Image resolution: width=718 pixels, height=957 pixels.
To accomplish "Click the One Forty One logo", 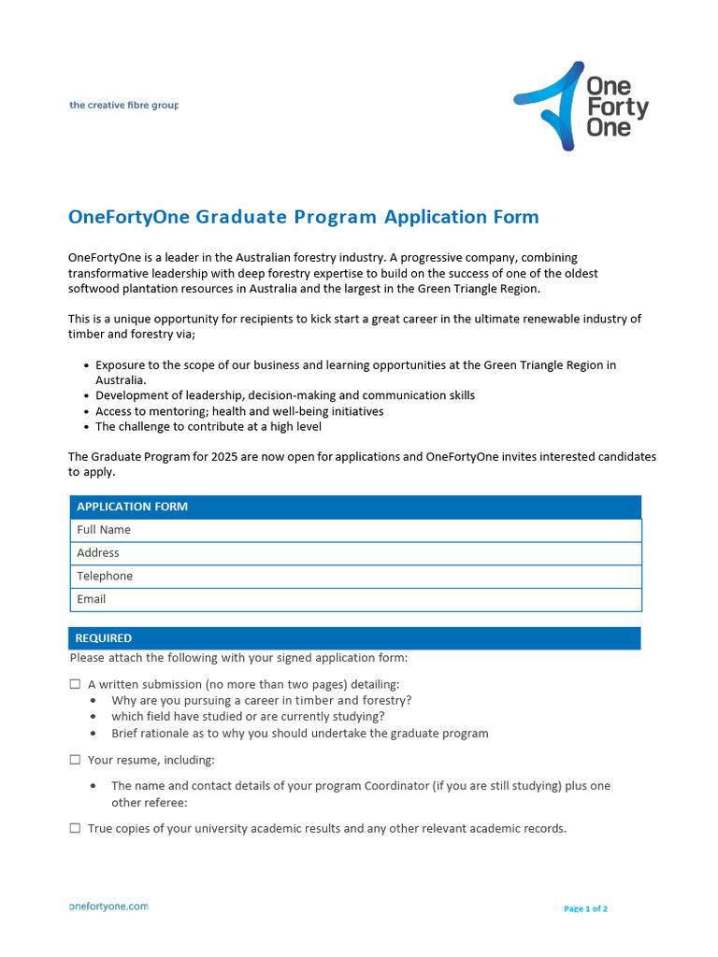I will [x=581, y=106].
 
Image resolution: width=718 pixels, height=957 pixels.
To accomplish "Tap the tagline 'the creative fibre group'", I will [x=123, y=106].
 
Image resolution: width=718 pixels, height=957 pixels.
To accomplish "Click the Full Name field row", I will [x=355, y=530].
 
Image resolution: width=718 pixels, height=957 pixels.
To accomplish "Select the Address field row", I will [x=355, y=553].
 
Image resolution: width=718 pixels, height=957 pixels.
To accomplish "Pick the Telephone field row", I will [x=355, y=577].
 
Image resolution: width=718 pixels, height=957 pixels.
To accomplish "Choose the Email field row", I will [x=355, y=599].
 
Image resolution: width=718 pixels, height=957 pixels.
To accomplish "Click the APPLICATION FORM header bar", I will [x=355, y=507].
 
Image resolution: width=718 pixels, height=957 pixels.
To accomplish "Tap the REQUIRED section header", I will [x=355, y=638].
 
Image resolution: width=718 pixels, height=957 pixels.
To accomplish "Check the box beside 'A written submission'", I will [x=75, y=685].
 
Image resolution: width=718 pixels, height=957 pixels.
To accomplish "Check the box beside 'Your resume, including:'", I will [x=75, y=760].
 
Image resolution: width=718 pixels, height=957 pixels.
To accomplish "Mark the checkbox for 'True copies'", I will [x=75, y=828].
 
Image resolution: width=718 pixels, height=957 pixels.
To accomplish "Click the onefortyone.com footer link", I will [x=108, y=907].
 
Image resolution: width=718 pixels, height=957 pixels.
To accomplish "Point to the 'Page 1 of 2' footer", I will [x=586, y=908].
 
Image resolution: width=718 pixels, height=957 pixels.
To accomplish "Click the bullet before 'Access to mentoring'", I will [x=86, y=412].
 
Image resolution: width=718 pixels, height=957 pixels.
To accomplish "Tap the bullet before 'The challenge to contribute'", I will [x=86, y=427].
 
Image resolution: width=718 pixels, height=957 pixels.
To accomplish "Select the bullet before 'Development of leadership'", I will [x=86, y=396].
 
